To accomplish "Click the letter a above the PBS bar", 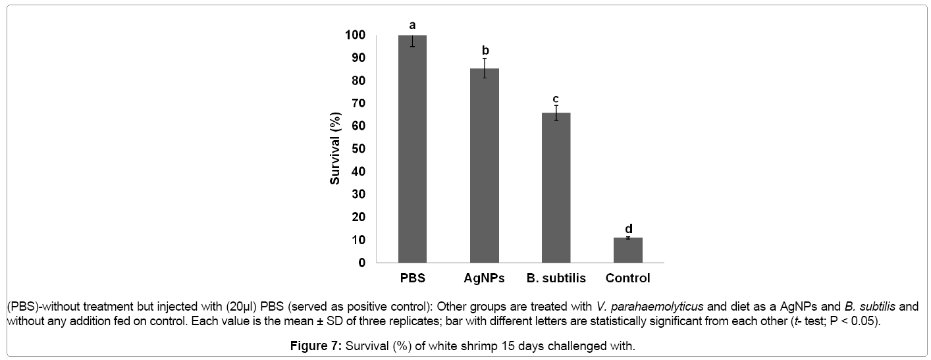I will click(412, 25).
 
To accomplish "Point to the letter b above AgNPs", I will click(485, 50).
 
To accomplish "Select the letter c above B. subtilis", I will click(556, 99).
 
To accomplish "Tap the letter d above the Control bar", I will click(628, 228).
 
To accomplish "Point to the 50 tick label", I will click(358, 149).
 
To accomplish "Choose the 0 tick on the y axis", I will click(361, 263).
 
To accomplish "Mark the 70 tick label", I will click(358, 103).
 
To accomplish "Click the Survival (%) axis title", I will click(335, 149).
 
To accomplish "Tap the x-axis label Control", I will click(627, 278).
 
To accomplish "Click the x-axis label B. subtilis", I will click(556, 278).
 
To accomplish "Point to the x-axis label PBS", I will click(412, 278).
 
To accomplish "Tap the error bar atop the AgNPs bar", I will click(484, 68).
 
